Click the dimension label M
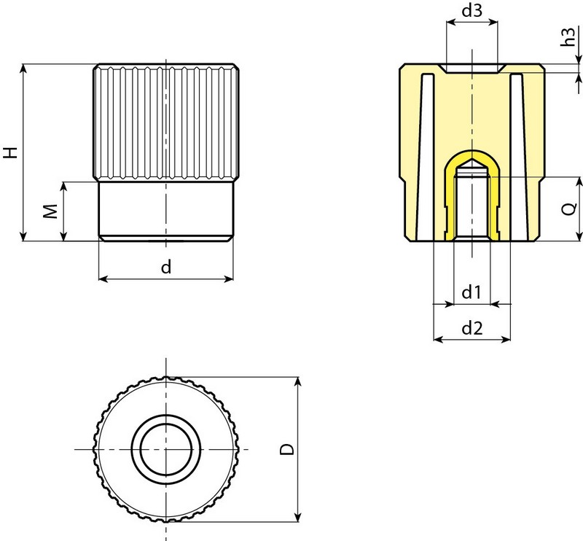click(x=49, y=211)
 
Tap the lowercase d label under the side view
click(x=166, y=267)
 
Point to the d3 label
click(x=472, y=12)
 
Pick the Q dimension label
click(x=571, y=209)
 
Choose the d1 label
click(x=472, y=292)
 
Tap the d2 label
click(x=472, y=329)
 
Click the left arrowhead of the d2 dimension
click(x=438, y=339)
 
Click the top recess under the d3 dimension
click(x=472, y=69)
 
